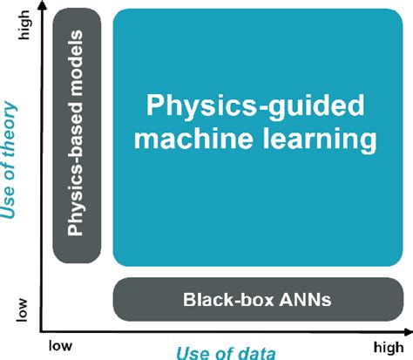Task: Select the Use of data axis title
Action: (x=226, y=350)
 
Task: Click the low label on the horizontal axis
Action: (x=60, y=343)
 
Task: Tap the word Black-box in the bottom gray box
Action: (x=222, y=300)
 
